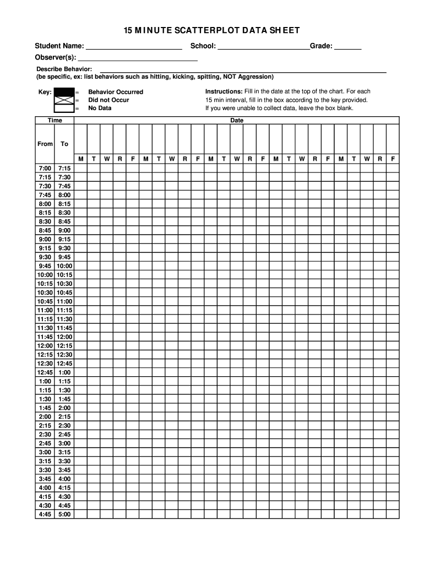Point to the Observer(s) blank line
[x=138, y=59]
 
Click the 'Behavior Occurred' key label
[x=116, y=92]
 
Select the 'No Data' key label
[x=100, y=108]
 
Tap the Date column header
[x=237, y=120]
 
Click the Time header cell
[x=55, y=120]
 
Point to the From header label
[x=45, y=144]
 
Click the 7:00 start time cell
[x=45, y=168]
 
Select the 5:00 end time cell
[x=64, y=514]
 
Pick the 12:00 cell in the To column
[x=64, y=337]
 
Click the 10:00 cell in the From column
[x=45, y=274]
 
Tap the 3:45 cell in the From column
[x=45, y=479]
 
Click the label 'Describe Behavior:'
[x=64, y=69]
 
